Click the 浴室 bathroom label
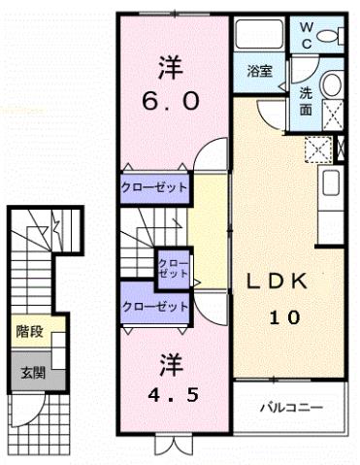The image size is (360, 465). [x=259, y=70]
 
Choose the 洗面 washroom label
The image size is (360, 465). [x=306, y=101]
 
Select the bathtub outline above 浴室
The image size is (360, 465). [x=259, y=38]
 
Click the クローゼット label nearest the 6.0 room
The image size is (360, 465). [x=154, y=187]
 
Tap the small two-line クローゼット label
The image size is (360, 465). [x=174, y=269]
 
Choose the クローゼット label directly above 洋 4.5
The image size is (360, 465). [x=154, y=307]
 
